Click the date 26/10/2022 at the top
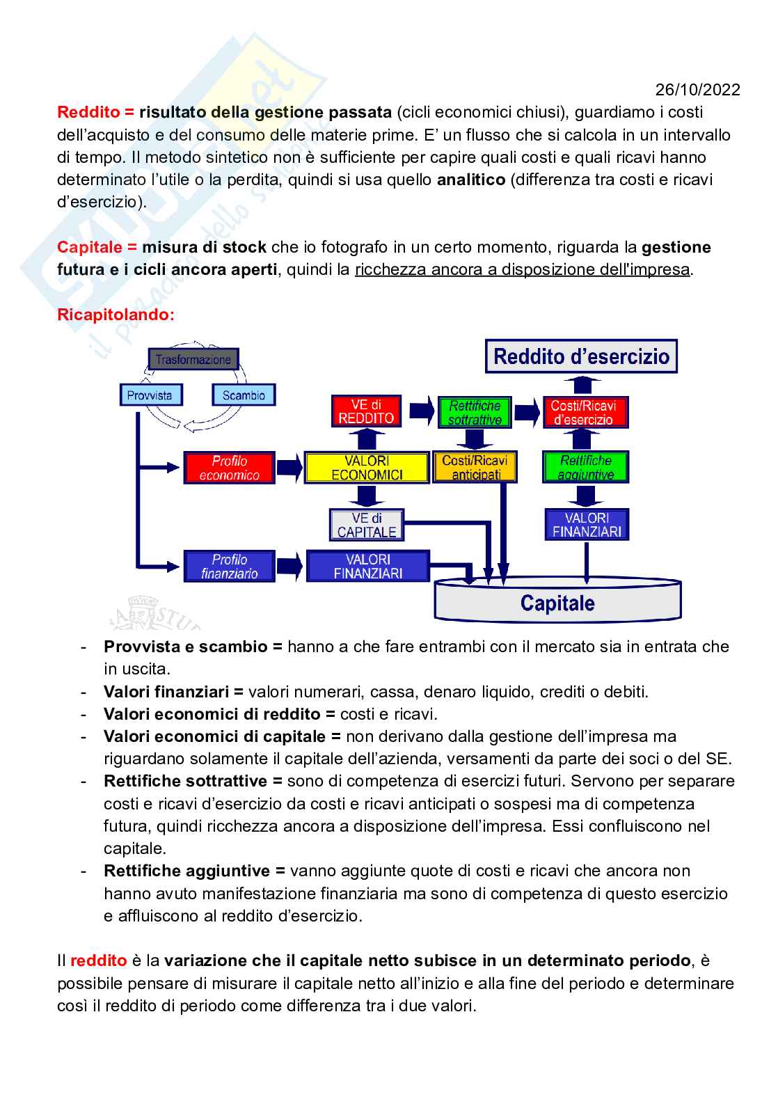pyautogui.click(x=697, y=90)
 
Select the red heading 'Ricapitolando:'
pyautogui.click(x=116, y=315)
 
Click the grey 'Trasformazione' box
pyautogui.click(x=193, y=360)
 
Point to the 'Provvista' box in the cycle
pyautogui.click(x=150, y=395)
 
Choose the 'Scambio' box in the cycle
pyautogui.click(x=244, y=395)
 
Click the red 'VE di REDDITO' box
pyautogui.click(x=366, y=411)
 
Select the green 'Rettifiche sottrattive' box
pyautogui.click(x=475, y=413)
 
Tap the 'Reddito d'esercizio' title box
pyautogui.click(x=581, y=357)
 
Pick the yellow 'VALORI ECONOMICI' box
pyautogui.click(x=367, y=468)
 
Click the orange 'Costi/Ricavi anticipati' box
pyautogui.click(x=475, y=468)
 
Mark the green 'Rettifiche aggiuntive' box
pyautogui.click(x=586, y=468)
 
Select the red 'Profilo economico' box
pyautogui.click(x=230, y=468)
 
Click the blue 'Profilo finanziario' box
pyautogui.click(x=230, y=567)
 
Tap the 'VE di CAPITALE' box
pyautogui.click(x=366, y=525)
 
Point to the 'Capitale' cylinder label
pyautogui.click(x=557, y=603)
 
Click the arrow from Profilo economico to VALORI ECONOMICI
pyautogui.click(x=289, y=467)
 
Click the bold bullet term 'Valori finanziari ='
pyautogui.click(x=173, y=692)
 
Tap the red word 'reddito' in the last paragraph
pyautogui.click(x=98, y=961)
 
